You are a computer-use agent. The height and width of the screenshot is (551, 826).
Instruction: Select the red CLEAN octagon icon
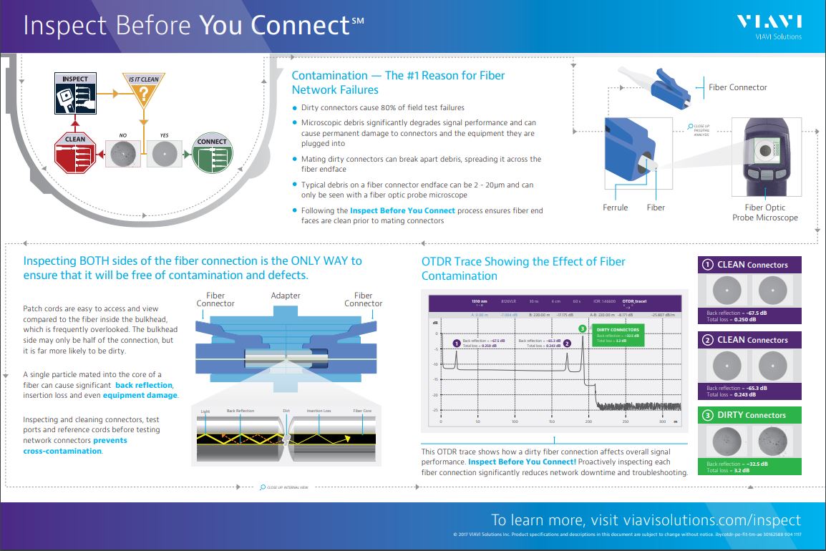(x=75, y=152)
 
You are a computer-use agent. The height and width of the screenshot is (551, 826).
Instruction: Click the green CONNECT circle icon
(x=213, y=153)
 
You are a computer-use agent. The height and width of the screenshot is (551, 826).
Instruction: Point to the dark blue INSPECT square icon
(x=76, y=94)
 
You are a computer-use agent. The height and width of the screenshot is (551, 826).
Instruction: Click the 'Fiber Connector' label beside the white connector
(x=737, y=87)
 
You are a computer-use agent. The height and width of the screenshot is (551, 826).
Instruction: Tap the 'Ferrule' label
(x=615, y=208)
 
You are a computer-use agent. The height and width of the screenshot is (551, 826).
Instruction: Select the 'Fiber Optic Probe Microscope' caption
(x=764, y=213)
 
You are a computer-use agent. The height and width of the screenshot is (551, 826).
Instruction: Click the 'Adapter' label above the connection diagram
(x=286, y=296)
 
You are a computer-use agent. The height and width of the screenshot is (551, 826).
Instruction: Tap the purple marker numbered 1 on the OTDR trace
(x=456, y=343)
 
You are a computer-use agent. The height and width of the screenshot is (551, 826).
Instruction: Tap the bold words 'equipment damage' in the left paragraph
(x=140, y=395)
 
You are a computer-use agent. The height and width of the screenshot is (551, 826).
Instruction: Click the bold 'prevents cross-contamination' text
(x=74, y=446)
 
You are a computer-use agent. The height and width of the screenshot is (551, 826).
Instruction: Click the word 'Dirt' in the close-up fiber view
(x=286, y=411)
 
